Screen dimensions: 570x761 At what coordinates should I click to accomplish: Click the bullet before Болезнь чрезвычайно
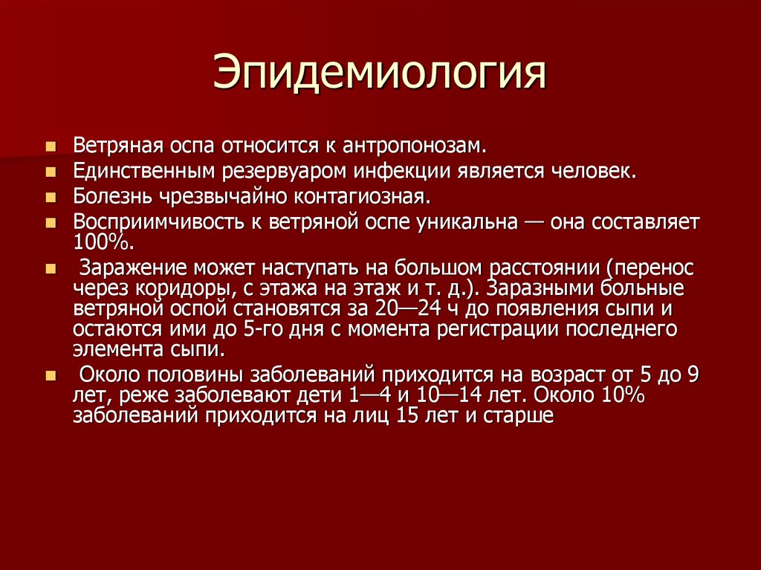pyautogui.click(x=50, y=198)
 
